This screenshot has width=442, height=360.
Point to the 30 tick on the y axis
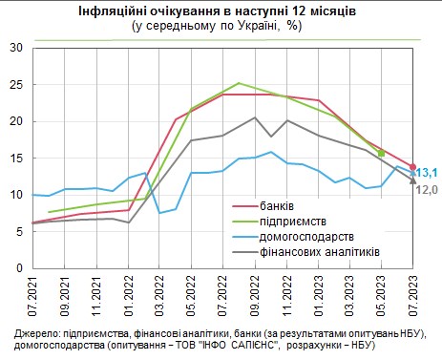(x=15, y=47)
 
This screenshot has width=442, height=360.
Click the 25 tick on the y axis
(x=15, y=84)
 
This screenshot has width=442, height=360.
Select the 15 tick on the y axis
(x=15, y=158)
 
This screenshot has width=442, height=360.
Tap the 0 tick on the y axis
(x=19, y=268)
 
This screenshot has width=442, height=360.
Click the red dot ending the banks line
(x=412, y=167)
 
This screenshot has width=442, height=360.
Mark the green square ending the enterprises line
(x=381, y=153)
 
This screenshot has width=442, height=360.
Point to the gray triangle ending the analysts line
(x=412, y=179)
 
